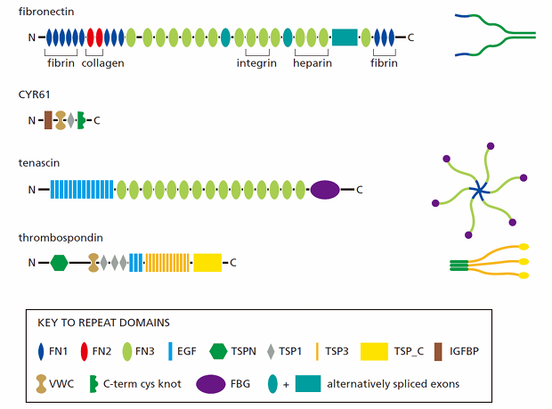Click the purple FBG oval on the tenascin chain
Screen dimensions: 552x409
click(x=325, y=190)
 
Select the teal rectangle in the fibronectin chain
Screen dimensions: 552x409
click(x=345, y=37)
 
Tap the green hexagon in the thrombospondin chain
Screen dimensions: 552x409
click(x=59, y=263)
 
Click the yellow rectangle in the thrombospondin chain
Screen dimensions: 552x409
click(x=207, y=263)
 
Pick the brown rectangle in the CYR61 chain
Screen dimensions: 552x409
click(x=48, y=120)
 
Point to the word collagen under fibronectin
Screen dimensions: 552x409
click(x=102, y=63)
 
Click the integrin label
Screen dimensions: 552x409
click(x=256, y=63)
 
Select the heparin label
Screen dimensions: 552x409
click(x=313, y=63)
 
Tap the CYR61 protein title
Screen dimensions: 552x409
click(x=34, y=94)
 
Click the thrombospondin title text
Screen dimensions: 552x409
click(x=61, y=238)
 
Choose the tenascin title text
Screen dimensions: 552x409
click(x=39, y=163)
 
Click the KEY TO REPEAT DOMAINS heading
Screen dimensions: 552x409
click(x=103, y=323)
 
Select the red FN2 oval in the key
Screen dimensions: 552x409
click(x=85, y=352)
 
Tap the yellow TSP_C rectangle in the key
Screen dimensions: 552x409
click(x=374, y=352)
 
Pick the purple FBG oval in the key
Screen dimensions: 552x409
click(x=210, y=384)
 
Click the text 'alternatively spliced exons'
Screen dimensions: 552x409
click(x=394, y=384)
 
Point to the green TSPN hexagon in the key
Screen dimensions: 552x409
click(x=218, y=352)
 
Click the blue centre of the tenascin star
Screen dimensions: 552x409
click(x=479, y=192)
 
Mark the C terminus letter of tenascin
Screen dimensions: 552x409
click(x=360, y=190)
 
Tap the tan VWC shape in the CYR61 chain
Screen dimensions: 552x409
click(x=61, y=120)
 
